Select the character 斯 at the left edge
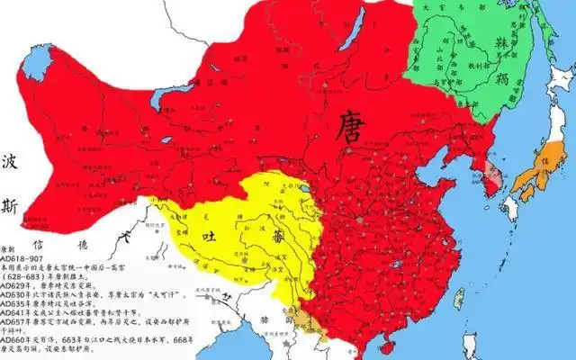click(9, 206)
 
